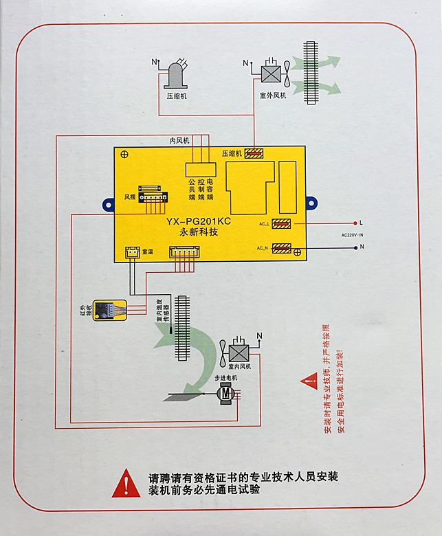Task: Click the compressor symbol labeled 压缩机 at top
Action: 176,75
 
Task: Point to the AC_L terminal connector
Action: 282,223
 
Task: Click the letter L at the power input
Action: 361,223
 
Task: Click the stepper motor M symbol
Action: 225,393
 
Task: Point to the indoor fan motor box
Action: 238,352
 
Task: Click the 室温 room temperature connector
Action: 132,253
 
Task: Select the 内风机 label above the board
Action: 179,140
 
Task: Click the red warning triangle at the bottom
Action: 126,482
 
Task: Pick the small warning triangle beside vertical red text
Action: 305,379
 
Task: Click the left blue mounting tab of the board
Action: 108,204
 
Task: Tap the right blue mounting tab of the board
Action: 312,203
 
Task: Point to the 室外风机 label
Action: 273,96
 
